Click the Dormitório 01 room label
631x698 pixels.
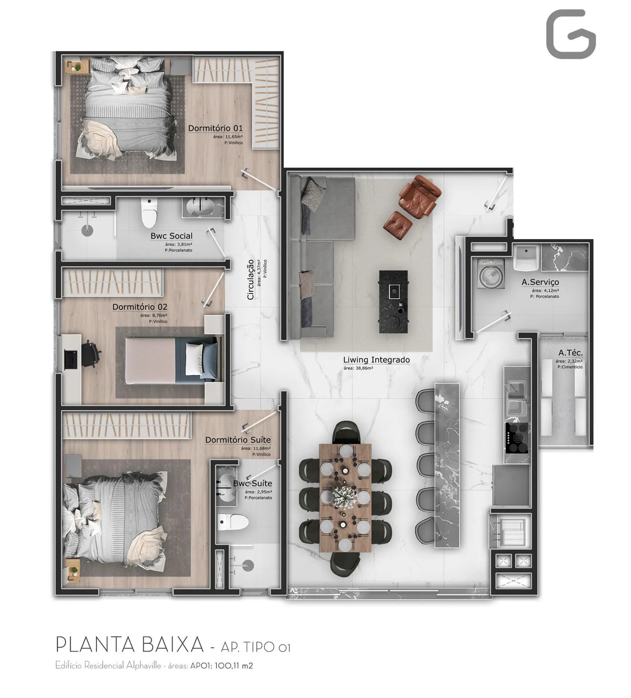point(215,128)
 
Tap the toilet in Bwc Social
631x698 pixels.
point(149,213)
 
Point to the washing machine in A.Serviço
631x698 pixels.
point(491,273)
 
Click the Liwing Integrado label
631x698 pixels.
point(376,360)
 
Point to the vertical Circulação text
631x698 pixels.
point(251,280)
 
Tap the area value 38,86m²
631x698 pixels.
point(358,368)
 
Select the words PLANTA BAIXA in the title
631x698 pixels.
point(130,645)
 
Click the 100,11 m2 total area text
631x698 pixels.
point(233,666)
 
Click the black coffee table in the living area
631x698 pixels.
point(393,301)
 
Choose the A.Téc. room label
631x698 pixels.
point(570,353)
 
